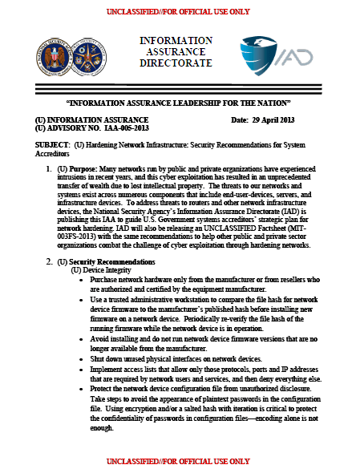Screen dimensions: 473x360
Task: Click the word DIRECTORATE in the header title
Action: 176,63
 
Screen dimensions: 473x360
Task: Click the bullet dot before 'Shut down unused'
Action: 83,338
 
